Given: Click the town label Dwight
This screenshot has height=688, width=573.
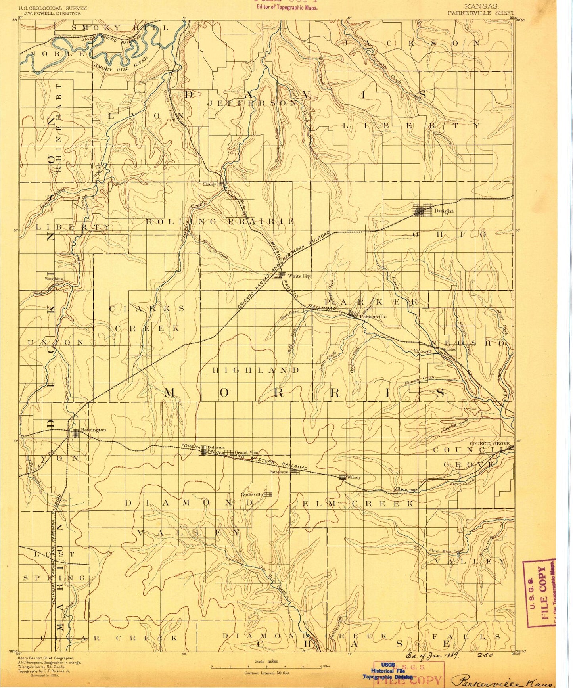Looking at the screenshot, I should (443, 211).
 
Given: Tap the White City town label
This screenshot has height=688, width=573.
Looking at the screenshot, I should (299, 276).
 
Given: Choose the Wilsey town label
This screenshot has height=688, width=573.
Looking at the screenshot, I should (354, 477).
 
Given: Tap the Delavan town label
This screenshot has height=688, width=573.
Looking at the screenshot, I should (216, 447).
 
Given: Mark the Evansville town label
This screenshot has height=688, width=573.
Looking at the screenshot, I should (252, 494).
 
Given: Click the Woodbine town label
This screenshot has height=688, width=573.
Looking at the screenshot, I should (54, 279).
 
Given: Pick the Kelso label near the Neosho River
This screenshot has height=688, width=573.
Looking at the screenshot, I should (451, 349).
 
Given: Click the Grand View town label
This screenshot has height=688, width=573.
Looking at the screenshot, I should (246, 452).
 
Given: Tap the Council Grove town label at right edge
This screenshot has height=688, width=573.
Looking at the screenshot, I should (489, 443).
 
